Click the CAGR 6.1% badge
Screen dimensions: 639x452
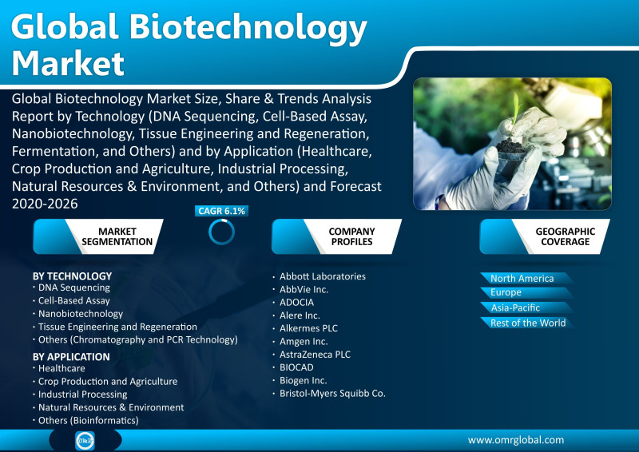[222, 211]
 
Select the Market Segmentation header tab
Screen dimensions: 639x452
[98, 236]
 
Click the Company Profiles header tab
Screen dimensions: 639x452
[336, 236]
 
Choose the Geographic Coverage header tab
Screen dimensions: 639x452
[545, 236]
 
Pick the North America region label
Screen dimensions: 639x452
[522, 279]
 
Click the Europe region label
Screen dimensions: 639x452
[506, 292]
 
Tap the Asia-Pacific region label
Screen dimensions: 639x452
[515, 307]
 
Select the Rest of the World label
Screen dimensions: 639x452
[528, 323]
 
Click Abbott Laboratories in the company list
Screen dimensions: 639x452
[323, 276]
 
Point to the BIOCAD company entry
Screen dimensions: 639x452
[296, 367]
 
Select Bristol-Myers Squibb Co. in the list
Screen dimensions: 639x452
[332, 394]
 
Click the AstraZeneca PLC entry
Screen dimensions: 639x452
[315, 355]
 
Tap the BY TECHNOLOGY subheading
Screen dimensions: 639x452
[72, 276]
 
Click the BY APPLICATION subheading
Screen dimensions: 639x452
[71, 357]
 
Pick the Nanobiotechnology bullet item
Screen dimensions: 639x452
[81, 314]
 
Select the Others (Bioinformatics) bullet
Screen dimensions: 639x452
[88, 420]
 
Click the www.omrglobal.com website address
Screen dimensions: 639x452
[516, 440]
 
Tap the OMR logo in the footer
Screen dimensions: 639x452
[85, 441]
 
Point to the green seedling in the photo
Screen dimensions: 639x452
[515, 109]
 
